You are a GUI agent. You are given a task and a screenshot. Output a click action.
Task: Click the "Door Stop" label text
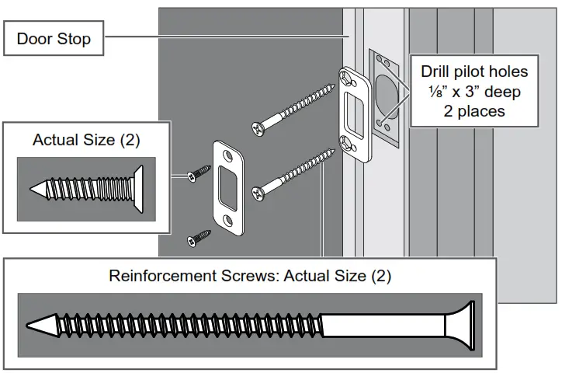point(54,39)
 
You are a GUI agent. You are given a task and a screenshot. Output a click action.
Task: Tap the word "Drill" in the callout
point(439,71)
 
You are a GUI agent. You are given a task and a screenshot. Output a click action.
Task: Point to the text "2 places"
point(474,111)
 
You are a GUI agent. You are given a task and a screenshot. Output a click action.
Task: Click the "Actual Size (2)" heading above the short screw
point(86,141)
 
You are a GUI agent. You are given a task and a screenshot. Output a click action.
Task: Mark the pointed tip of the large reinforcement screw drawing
point(35,325)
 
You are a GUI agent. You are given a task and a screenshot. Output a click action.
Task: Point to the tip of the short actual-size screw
point(36,188)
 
